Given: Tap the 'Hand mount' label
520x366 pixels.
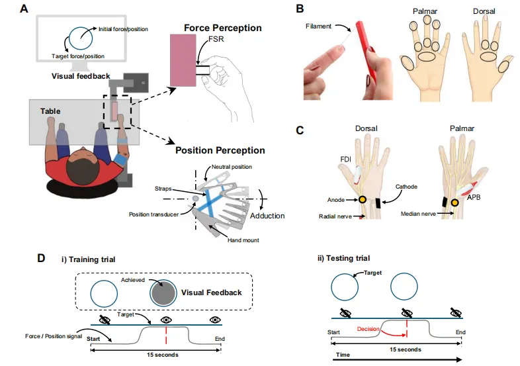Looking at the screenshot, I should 241,240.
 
